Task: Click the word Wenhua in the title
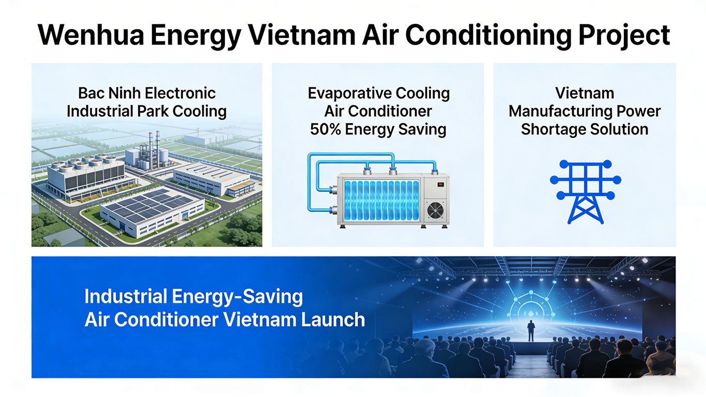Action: tap(91, 35)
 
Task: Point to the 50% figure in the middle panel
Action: tap(325, 129)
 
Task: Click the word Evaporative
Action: tap(349, 94)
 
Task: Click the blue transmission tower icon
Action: tap(586, 192)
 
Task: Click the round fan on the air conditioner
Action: tap(435, 210)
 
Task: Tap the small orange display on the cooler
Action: tap(440, 185)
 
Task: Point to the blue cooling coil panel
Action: tap(381, 200)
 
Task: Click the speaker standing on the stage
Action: tap(531, 330)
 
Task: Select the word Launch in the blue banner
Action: tap(333, 319)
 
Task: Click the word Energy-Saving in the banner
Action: tap(237, 297)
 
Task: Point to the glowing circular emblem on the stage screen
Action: tap(531, 311)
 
